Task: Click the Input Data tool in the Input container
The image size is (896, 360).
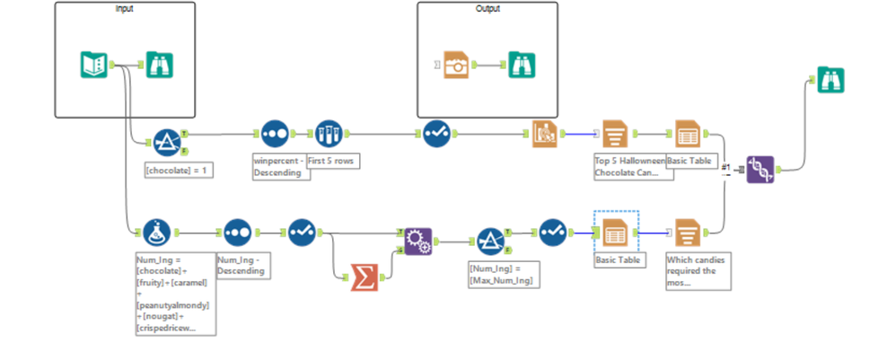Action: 93,65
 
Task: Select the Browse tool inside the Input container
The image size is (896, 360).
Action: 159,65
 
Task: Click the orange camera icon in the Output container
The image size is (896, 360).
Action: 457,65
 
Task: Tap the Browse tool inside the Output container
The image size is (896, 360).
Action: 522,65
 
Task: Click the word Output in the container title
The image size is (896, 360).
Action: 488,9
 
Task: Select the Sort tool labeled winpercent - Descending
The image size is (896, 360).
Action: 275,136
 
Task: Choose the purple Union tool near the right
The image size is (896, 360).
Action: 760,169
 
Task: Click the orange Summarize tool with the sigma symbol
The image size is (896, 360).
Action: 364,277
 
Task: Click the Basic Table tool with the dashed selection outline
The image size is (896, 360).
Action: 615,233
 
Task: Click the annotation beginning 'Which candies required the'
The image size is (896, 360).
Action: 697,270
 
